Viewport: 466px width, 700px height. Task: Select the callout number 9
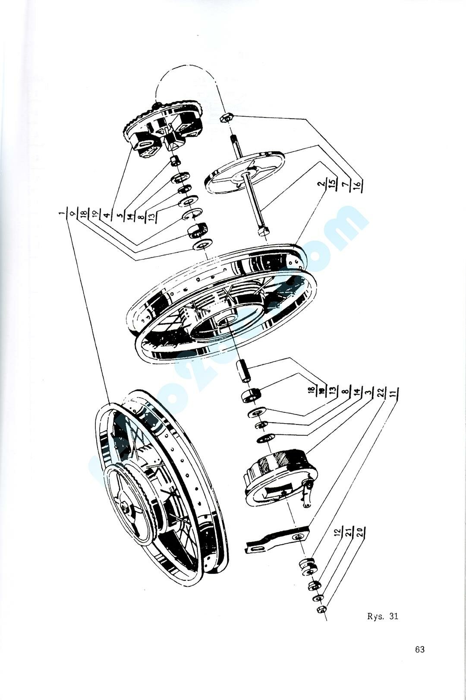72,213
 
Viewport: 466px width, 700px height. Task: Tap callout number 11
393,392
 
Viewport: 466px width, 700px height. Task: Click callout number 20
360,530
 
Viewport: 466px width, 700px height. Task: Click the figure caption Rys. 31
382,616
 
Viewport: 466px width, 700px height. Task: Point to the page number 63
419,649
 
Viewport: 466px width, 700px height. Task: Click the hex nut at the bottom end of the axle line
321,609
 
